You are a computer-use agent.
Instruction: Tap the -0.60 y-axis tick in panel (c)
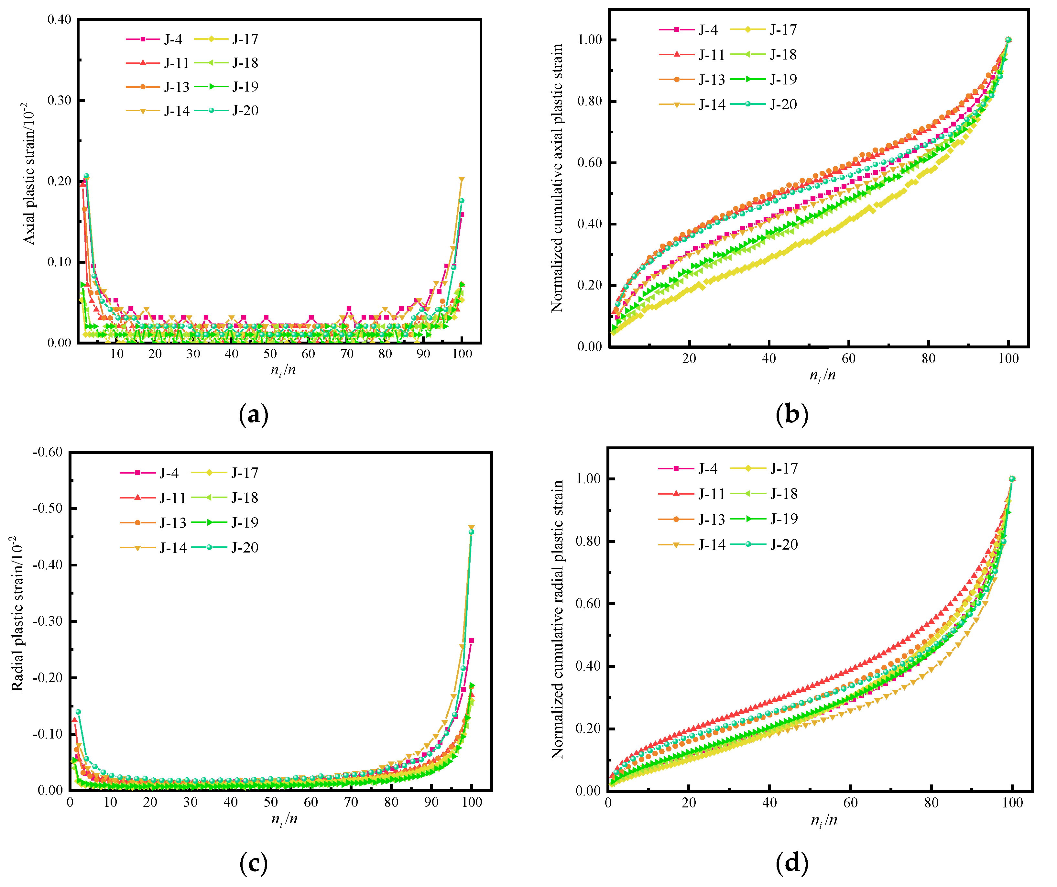tap(48, 452)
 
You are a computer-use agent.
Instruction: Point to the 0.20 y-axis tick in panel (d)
tap(588, 728)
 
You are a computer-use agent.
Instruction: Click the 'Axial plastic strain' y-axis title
tap(29, 174)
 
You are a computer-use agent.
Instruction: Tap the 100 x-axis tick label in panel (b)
tap(1008, 358)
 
